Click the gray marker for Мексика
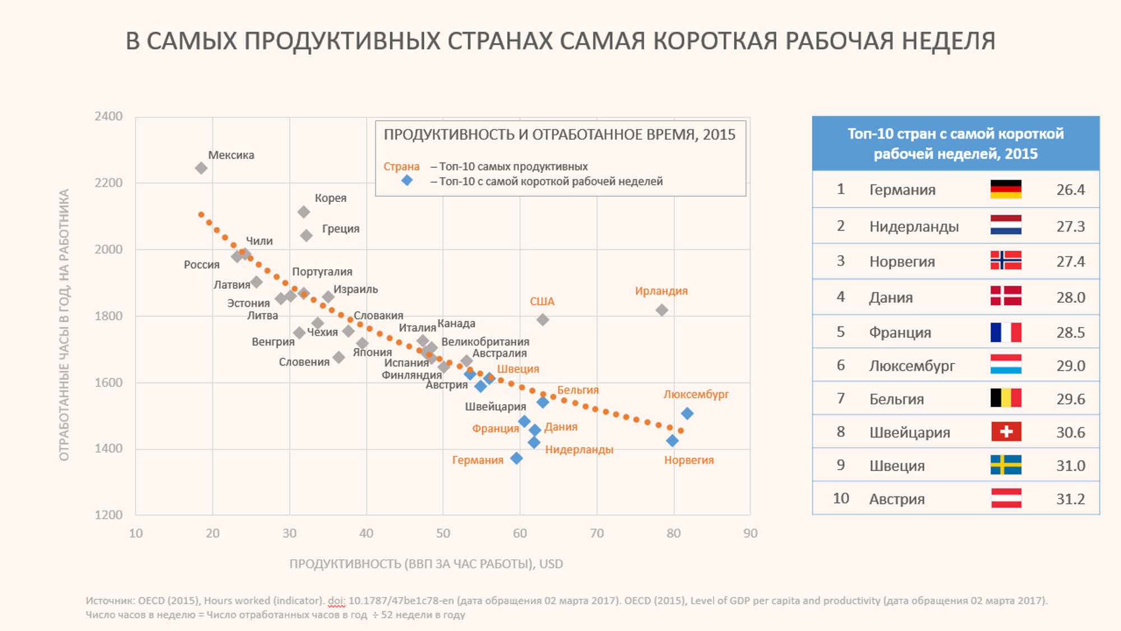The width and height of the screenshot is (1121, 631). [201, 168]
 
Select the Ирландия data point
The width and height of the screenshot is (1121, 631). [662, 310]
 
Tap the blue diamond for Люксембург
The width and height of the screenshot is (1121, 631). [687, 414]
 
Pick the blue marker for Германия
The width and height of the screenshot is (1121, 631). [517, 458]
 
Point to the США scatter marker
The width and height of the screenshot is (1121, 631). [543, 320]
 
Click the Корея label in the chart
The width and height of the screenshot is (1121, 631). [330, 198]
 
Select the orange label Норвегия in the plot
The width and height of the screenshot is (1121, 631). [689, 460]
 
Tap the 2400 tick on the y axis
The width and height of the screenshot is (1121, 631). [108, 116]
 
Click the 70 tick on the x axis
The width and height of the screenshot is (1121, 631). [597, 533]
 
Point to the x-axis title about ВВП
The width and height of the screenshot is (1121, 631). [426, 564]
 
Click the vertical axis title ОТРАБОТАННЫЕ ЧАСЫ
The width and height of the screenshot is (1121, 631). [64, 325]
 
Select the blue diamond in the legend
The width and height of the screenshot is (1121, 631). [407, 181]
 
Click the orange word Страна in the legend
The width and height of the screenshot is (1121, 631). [401, 167]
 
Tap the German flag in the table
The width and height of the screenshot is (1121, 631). [1006, 190]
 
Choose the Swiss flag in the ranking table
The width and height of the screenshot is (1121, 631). [1006, 432]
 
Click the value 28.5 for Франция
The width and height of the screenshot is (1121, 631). [1071, 333]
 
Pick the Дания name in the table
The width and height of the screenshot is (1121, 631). [891, 297]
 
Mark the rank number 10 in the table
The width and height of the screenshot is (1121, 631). [841, 499]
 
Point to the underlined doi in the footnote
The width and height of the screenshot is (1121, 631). [336, 601]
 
